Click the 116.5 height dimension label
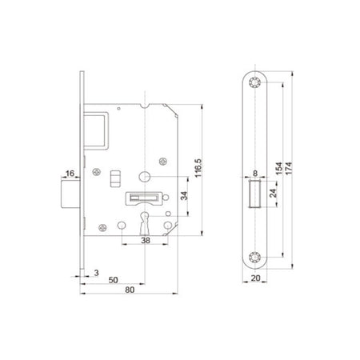(198, 168)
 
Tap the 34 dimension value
(184, 196)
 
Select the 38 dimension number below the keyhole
(146, 241)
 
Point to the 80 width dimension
(130, 290)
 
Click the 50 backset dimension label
(113, 280)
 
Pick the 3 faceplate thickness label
(96, 273)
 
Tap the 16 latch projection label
(70, 174)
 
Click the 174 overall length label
(289, 169)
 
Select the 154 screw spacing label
(279, 169)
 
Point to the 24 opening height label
(273, 194)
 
